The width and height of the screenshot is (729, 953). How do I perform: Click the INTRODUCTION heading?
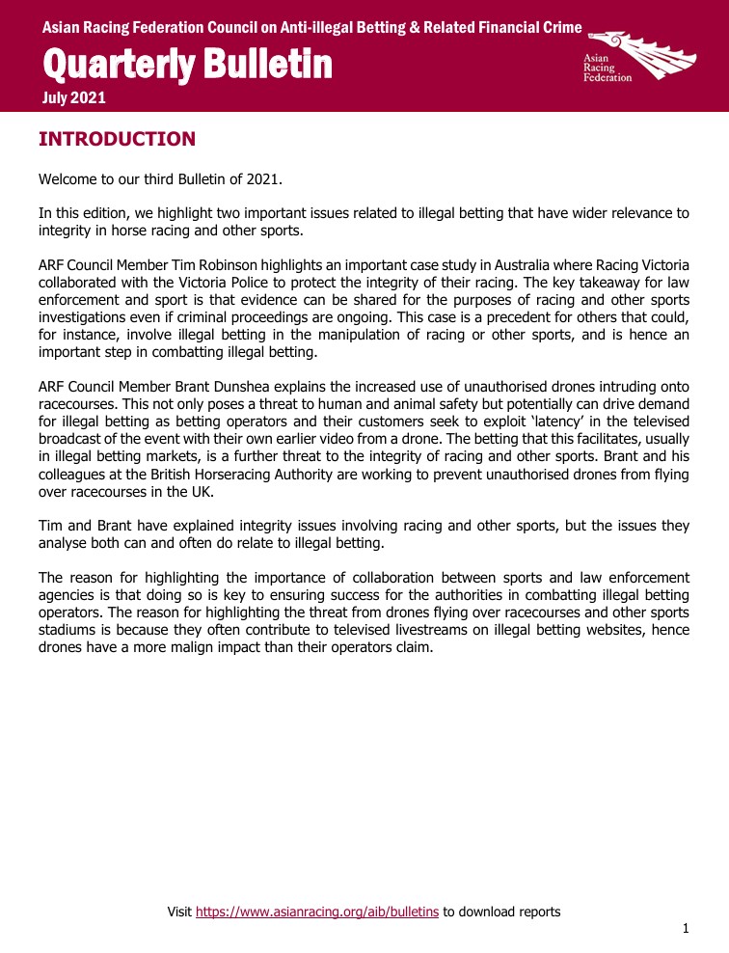click(117, 140)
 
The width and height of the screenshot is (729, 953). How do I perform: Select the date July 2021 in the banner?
click(74, 97)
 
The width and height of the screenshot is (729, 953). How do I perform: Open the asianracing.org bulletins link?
click(317, 911)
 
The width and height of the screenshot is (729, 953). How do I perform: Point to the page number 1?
click(686, 929)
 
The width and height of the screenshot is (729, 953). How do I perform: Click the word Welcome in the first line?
click(70, 180)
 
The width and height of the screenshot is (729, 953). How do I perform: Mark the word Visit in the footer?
click(179, 911)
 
